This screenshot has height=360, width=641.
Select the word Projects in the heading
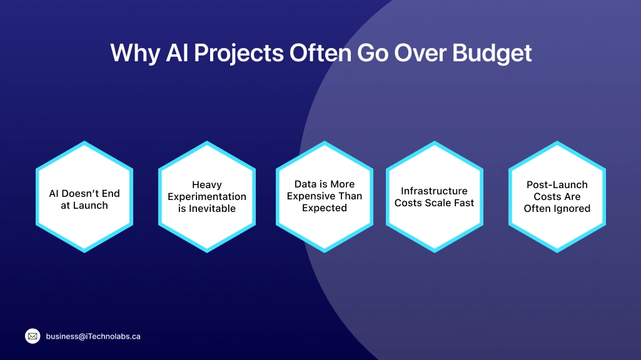click(238, 53)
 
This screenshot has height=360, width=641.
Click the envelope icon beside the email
click(33, 336)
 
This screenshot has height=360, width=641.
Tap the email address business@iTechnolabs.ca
click(93, 336)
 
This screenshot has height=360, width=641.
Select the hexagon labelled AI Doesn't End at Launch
click(84, 197)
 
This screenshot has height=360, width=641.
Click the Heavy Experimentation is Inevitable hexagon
click(207, 197)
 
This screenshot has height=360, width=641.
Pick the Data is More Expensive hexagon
click(325, 197)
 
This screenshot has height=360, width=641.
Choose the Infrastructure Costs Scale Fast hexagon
click(435, 197)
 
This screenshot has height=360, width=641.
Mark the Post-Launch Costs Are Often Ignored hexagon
click(557, 197)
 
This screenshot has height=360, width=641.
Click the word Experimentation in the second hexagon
click(207, 197)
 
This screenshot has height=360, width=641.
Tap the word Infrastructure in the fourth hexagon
click(434, 191)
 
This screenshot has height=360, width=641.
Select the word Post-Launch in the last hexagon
click(557, 185)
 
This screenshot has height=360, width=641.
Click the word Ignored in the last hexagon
click(571, 209)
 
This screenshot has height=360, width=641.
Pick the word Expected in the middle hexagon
click(325, 208)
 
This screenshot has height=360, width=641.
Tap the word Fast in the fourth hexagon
click(463, 203)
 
